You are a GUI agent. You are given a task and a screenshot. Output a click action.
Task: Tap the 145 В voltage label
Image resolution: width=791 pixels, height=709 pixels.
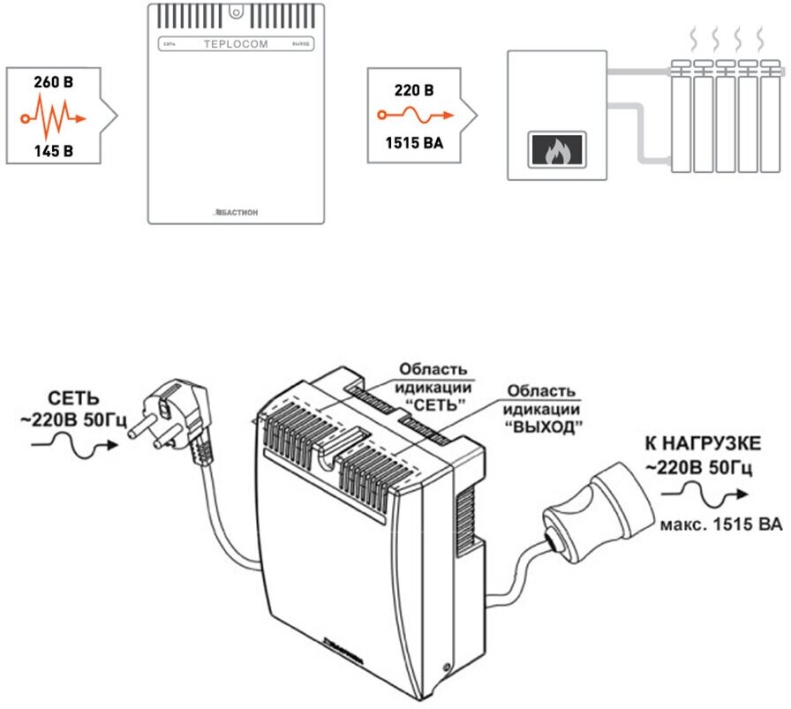coord(54,150)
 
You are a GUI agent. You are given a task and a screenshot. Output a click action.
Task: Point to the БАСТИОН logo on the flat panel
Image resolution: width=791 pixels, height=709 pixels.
coord(236,212)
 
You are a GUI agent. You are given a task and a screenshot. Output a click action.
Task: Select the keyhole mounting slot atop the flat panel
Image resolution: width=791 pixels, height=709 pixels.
coord(236,13)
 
